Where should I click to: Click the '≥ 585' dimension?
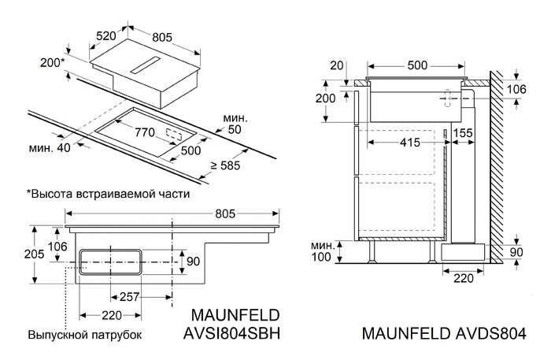(226, 165)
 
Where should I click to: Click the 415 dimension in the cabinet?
(386, 143)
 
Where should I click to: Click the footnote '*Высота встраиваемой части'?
(108, 192)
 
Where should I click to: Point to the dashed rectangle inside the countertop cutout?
(177, 135)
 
